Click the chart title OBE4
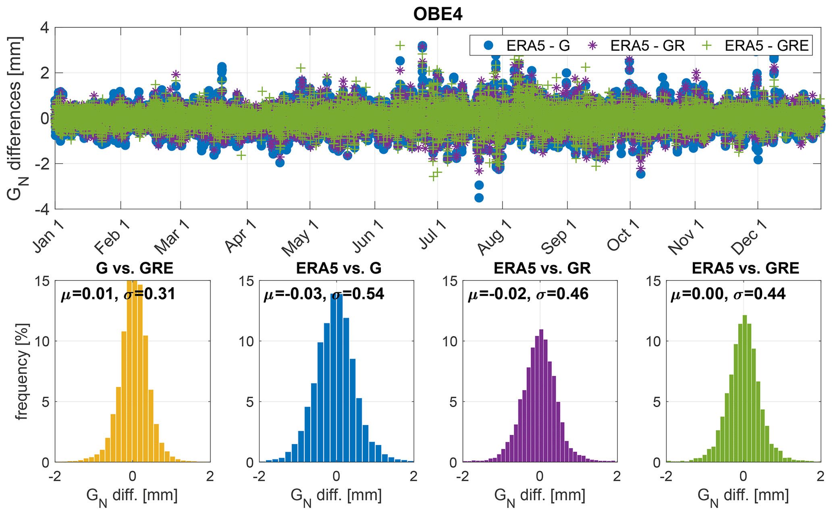pos(438,15)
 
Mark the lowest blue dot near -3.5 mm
pos(479,198)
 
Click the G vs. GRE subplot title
pos(135,268)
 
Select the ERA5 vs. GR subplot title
pos(542,268)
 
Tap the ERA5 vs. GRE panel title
pos(745,268)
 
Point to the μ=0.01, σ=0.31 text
pos(118,294)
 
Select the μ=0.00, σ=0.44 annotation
pos(728,294)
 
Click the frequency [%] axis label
pos(22,371)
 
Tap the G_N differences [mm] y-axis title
pos(16,119)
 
